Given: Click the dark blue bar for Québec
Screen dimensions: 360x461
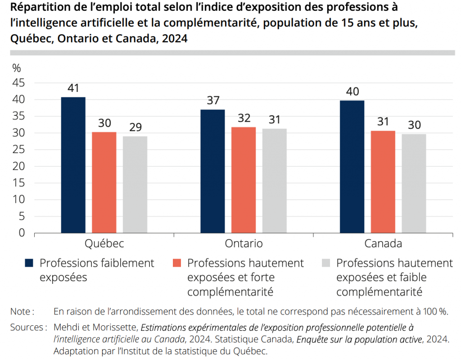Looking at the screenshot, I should coord(73,165).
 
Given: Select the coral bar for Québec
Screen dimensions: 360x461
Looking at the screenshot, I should coord(104,182).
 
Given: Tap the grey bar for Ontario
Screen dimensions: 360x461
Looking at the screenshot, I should coord(274,181).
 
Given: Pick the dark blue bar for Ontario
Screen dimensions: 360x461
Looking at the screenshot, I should coord(213,171).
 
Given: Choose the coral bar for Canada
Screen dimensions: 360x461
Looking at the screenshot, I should coord(383,182).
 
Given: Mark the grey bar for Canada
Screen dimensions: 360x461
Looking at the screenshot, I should coord(414,183).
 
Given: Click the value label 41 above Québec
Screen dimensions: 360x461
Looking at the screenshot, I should coord(73,88).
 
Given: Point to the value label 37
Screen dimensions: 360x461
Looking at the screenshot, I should coord(213,100).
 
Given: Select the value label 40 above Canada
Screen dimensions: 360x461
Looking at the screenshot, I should coord(352,91).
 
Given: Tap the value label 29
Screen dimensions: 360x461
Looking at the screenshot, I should coord(135,127).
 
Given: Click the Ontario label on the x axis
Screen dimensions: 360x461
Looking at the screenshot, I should coord(244,244).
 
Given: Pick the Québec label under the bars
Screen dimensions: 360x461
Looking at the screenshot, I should coord(104,244).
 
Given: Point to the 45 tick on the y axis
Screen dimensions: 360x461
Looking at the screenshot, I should coord(18,83).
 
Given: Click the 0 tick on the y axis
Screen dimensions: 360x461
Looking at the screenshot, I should coord(21,233).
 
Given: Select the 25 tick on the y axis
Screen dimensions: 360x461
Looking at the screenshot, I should coord(18,150).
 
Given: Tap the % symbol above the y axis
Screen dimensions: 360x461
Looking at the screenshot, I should coord(17,68).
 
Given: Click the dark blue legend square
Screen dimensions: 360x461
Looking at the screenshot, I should coord(30,263).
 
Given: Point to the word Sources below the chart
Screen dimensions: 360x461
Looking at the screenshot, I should coord(27,327).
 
